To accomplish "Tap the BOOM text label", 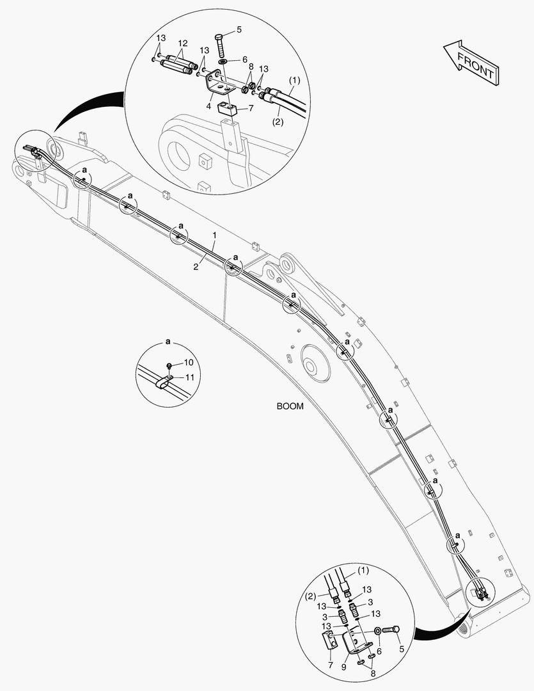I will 290,406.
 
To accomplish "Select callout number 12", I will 182,44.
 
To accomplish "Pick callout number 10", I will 189,363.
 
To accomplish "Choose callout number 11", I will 189,377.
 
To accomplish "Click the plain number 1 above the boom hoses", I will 215,235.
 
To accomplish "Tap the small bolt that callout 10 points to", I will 169,365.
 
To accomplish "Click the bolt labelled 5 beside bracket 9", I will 391,631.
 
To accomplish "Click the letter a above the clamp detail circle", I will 168,342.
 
